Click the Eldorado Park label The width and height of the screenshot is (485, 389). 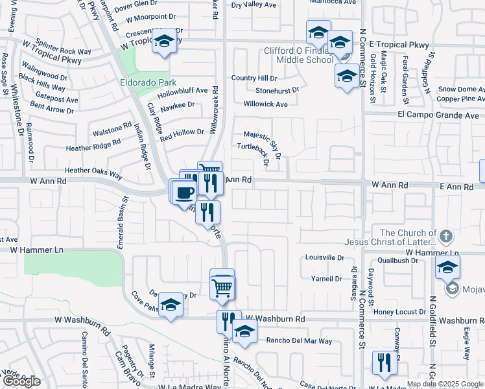point(139,82)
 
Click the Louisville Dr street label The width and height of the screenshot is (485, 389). point(325,257)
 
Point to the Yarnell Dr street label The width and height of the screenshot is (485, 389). point(326,279)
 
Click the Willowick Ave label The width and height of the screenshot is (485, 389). point(265,104)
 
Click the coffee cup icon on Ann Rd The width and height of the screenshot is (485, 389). point(185,193)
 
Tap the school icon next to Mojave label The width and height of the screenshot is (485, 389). point(447,267)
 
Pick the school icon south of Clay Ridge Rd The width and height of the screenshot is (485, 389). point(171,305)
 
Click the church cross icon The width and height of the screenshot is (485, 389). point(445,234)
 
